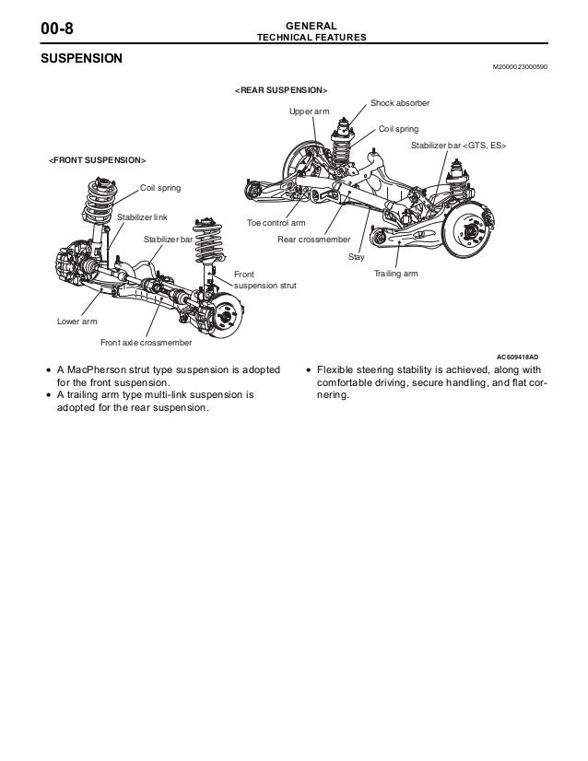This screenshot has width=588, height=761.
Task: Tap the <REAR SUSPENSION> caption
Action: [x=280, y=91]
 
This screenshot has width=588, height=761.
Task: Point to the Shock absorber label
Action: [x=400, y=102]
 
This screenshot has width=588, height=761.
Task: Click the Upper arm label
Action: [x=310, y=112]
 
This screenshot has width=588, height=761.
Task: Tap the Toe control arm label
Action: [x=276, y=223]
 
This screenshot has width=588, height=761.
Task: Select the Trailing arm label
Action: [x=395, y=275]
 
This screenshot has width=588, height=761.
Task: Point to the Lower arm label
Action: [x=76, y=322]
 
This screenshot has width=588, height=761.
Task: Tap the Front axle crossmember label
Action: [x=146, y=343]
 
